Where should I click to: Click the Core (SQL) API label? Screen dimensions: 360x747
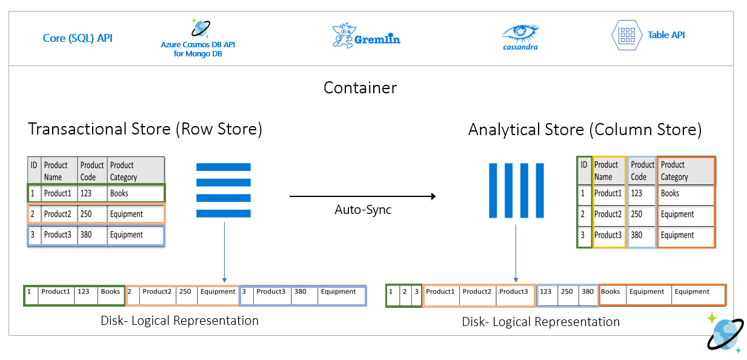(78, 38)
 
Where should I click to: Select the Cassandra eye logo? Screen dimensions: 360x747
(520, 33)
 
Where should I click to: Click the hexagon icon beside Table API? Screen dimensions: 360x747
(626, 35)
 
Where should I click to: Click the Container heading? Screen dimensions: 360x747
(360, 87)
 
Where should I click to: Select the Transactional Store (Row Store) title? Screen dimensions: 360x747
(145, 129)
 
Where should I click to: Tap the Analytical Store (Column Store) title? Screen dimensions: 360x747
(585, 129)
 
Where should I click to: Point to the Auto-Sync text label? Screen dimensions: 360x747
(363, 210)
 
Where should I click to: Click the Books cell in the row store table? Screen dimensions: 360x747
(119, 193)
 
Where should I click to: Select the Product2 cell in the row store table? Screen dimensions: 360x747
(58, 214)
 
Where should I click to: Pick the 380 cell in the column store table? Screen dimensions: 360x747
(637, 235)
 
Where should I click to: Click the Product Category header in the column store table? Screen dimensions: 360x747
(685, 171)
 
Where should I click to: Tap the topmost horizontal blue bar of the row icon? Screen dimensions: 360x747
(223, 167)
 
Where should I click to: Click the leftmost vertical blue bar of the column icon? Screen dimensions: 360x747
(494, 190)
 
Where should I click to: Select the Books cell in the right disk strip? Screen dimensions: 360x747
(611, 292)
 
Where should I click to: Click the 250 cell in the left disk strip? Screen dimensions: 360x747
(185, 292)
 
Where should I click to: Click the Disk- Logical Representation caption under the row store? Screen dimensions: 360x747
(179, 321)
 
